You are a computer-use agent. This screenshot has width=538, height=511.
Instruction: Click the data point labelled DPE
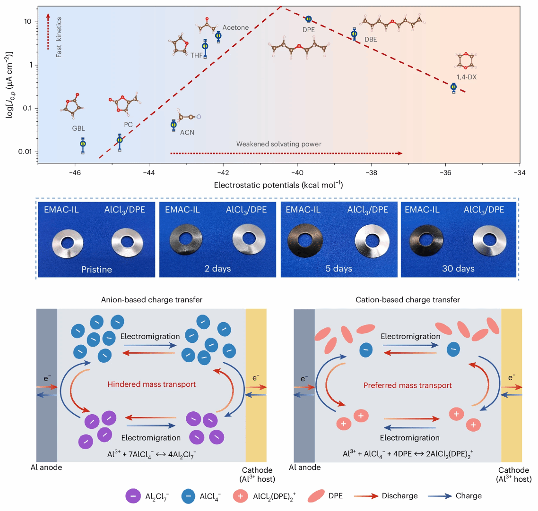(x=309, y=19)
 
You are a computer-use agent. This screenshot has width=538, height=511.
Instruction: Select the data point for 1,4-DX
(x=454, y=87)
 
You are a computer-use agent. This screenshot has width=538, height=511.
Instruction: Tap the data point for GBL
(x=83, y=144)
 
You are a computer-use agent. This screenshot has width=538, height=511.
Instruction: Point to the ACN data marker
(x=174, y=125)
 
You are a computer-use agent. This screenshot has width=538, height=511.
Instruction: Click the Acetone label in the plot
(x=235, y=27)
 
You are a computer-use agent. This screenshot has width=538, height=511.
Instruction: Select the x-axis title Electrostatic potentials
(x=278, y=185)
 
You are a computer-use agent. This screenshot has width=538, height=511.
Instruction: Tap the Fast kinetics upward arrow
(x=48, y=31)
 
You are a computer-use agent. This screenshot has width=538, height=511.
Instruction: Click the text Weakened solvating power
(x=286, y=144)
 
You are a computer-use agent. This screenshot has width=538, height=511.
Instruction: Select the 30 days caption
(x=458, y=268)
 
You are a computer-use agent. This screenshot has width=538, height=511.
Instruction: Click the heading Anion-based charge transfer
(x=152, y=299)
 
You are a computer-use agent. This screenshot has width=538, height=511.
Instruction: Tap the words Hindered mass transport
(x=151, y=384)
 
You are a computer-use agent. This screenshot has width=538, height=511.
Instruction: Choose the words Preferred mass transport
(x=408, y=385)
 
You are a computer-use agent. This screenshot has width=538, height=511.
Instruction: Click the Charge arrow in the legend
(x=441, y=496)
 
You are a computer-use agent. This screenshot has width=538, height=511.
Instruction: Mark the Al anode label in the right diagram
(x=304, y=467)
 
